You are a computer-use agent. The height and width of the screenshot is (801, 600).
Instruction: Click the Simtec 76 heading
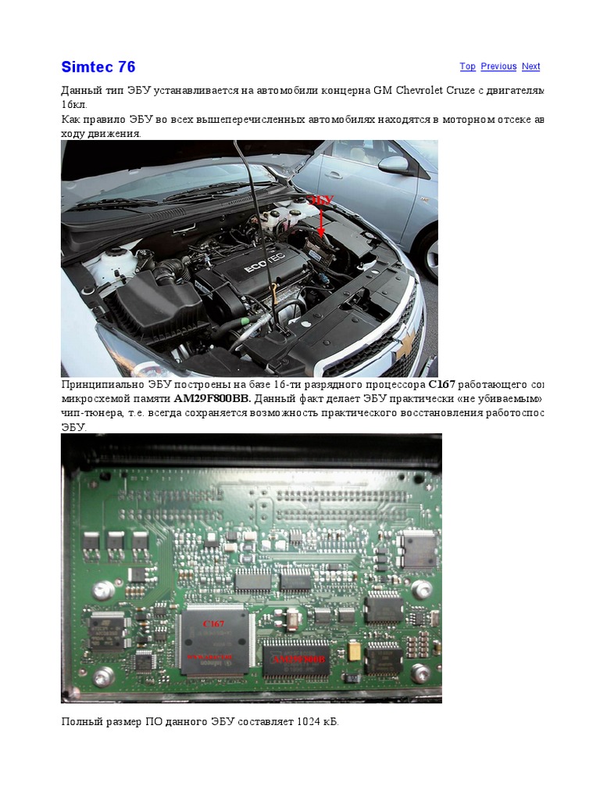pyautogui.click(x=98, y=66)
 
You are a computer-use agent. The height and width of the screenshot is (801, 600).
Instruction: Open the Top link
pyautogui.click(x=467, y=66)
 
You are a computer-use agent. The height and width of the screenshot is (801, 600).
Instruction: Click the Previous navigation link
pyautogui.click(x=498, y=66)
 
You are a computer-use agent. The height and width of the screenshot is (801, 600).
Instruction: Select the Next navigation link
pyautogui.click(x=531, y=66)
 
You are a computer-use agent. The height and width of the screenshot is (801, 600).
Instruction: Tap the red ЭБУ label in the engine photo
pyautogui.click(x=322, y=200)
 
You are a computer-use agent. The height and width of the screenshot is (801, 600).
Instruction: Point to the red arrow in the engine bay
pyautogui.click(x=321, y=223)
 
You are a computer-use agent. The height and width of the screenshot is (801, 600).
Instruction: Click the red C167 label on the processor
pyautogui.click(x=213, y=623)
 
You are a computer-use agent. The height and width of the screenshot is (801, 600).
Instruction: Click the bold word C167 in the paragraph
pyautogui.click(x=441, y=385)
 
